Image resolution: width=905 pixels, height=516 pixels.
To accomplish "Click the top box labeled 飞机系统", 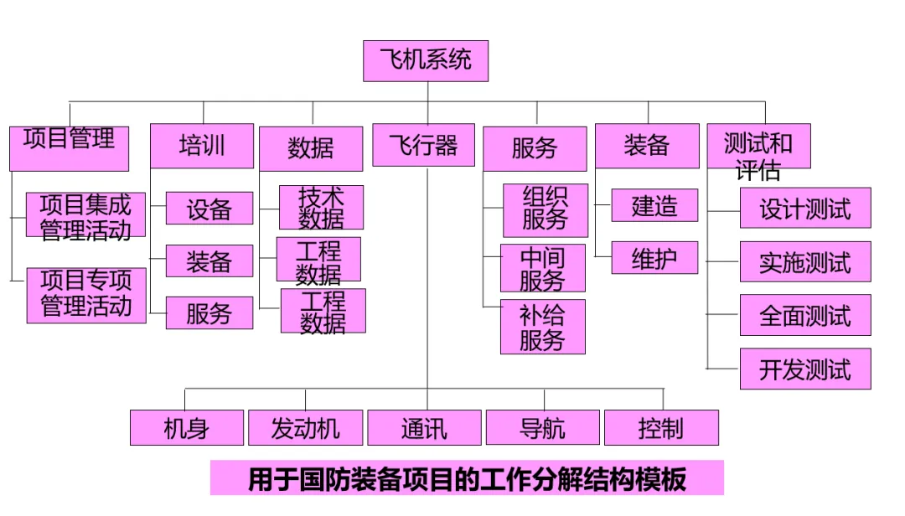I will pyautogui.click(x=426, y=61).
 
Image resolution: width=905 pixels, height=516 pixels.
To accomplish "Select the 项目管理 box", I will pyautogui.click(x=69, y=147).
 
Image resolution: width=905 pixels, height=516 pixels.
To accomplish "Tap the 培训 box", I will pyautogui.click(x=202, y=146).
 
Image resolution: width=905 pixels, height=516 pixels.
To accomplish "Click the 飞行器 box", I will pyautogui.click(x=424, y=146).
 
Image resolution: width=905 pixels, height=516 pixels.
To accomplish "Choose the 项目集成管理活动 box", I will pyautogui.click(x=85, y=215).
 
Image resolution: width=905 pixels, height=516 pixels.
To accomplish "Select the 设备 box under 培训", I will pyautogui.click(x=209, y=209).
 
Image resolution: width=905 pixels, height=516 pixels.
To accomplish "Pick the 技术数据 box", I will pyautogui.click(x=322, y=208).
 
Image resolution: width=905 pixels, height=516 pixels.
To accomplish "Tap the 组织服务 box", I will pyautogui.click(x=546, y=209).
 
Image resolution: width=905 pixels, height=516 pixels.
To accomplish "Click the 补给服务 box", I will pyautogui.click(x=543, y=328).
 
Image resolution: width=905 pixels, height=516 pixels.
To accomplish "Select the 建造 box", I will pyautogui.click(x=654, y=205).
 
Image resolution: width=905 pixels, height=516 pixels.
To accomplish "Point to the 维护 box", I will pyautogui.click(x=654, y=258).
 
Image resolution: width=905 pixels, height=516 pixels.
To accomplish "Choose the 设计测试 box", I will pyautogui.click(x=805, y=209).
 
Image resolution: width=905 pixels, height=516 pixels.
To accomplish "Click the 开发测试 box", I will pyautogui.click(x=805, y=369).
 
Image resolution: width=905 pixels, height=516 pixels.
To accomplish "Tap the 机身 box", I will pyautogui.click(x=187, y=428).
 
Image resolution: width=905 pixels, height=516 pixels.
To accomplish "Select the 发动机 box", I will pyautogui.click(x=306, y=428).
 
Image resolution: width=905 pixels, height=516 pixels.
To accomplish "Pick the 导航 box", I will pyautogui.click(x=543, y=428).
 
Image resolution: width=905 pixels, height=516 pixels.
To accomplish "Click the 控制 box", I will pyautogui.click(x=661, y=428).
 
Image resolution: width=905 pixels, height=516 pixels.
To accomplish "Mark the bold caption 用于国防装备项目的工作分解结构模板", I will pyautogui.click(x=467, y=480).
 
